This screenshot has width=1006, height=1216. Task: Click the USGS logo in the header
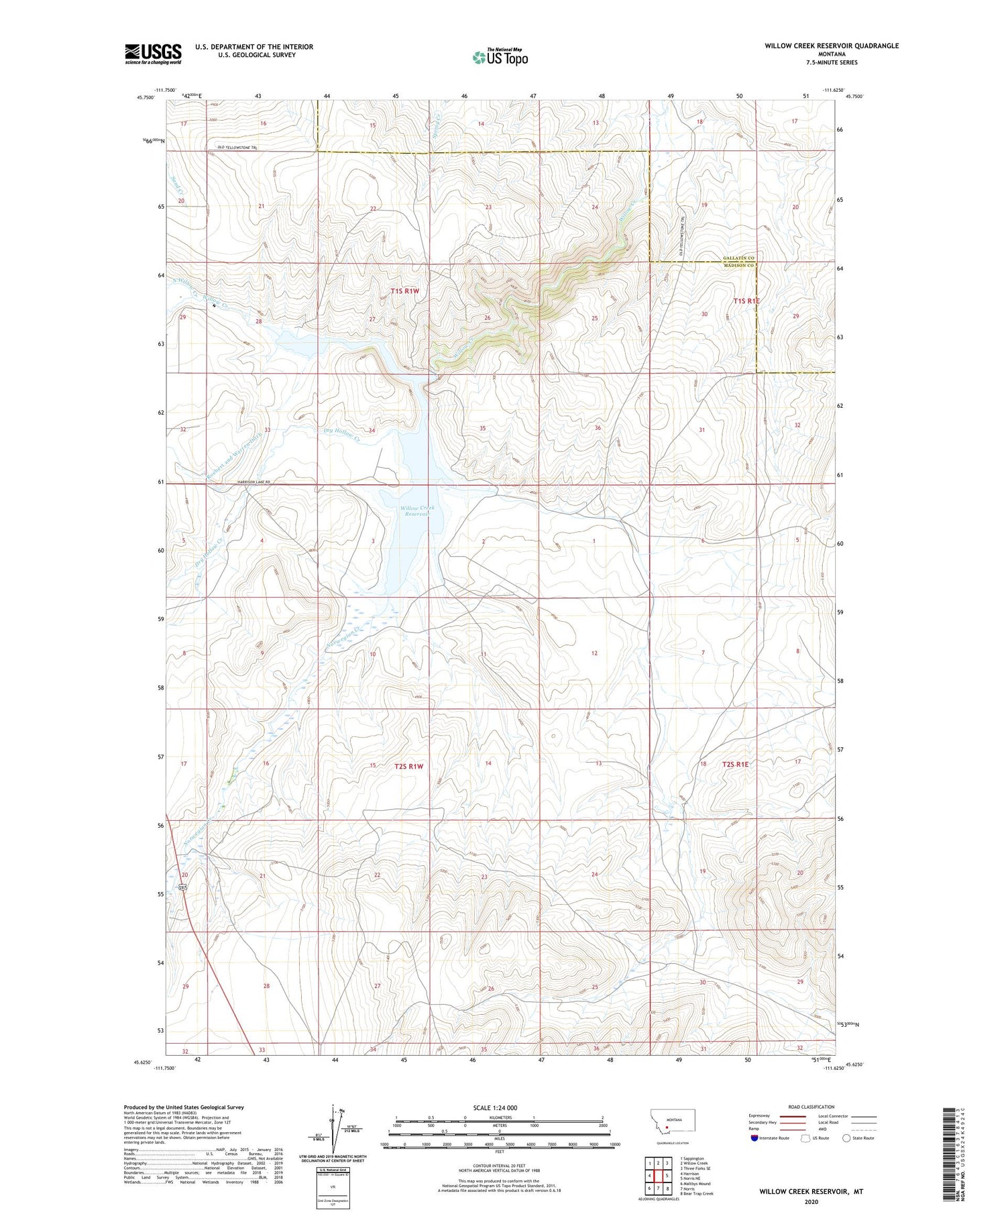click(x=153, y=54)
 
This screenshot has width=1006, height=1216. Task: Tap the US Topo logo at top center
click(x=500, y=57)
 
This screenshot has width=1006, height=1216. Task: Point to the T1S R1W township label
click(x=404, y=291)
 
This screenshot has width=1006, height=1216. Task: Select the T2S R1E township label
click(x=735, y=764)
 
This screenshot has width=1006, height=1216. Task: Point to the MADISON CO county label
click(x=738, y=266)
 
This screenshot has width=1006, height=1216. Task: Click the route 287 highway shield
click(x=182, y=887)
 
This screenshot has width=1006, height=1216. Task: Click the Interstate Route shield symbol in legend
click(x=755, y=1138)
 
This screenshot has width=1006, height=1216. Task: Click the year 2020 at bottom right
click(x=811, y=1201)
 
